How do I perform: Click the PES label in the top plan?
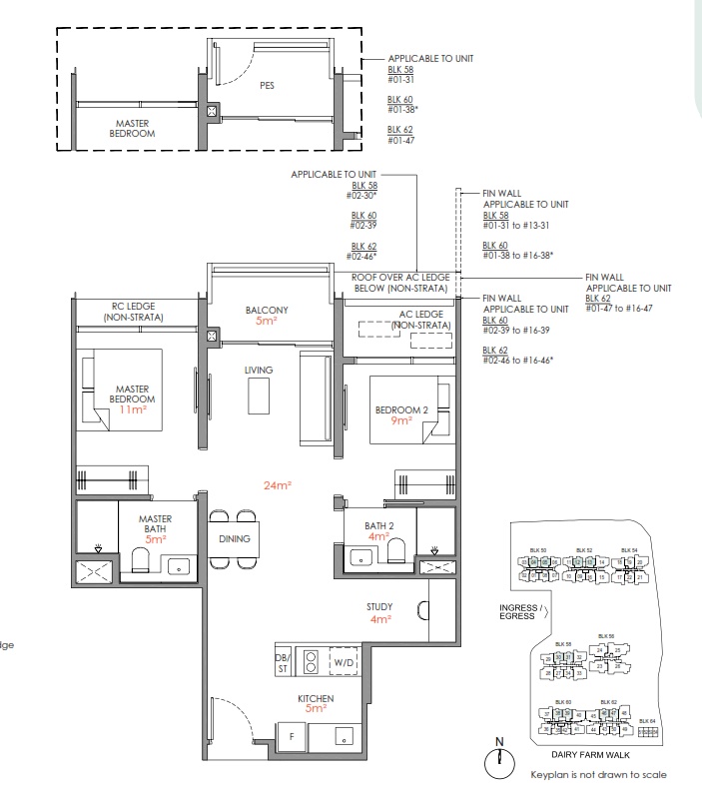[x=267, y=86]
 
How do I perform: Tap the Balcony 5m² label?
[x=267, y=316]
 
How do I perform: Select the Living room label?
[x=259, y=370]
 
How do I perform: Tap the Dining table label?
[x=234, y=538]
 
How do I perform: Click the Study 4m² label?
[x=379, y=612]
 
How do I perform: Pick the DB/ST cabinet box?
[x=282, y=662]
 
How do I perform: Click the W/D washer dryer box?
[x=345, y=662]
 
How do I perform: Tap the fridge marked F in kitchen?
[x=293, y=735]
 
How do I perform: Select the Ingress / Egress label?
[x=529, y=611]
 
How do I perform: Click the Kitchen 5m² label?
[x=316, y=703]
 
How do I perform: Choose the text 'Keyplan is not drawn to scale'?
[x=597, y=774]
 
